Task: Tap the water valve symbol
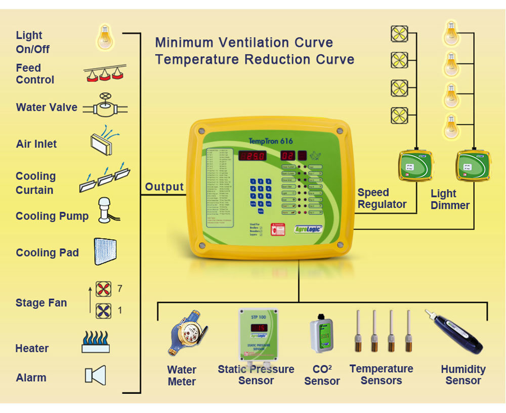pos(105,106)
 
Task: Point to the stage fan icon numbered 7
pos(103,289)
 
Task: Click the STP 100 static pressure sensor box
pos(259,335)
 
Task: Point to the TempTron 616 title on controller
pos(271,141)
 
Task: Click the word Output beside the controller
pos(164,187)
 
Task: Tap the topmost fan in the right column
pos(399,34)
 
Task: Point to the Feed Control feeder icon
pos(105,74)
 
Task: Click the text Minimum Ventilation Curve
pos(244,42)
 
